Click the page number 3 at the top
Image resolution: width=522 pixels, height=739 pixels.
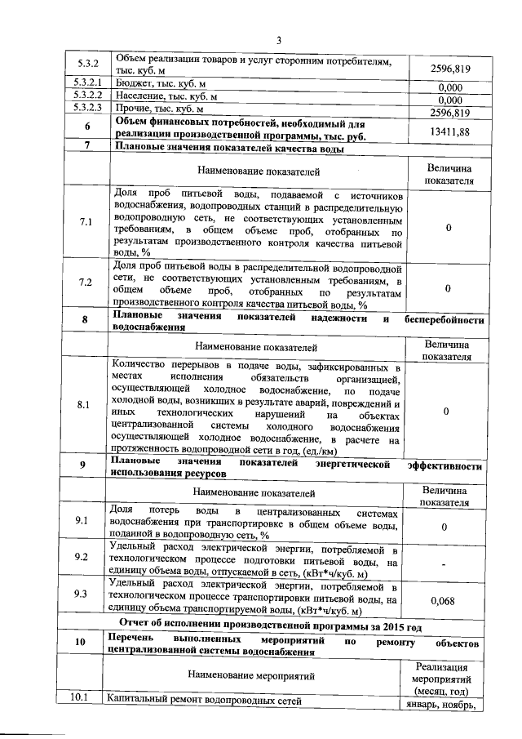click(x=277, y=41)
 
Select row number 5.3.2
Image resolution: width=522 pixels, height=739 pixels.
click(x=86, y=64)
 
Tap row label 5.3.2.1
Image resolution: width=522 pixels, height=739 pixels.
click(x=86, y=84)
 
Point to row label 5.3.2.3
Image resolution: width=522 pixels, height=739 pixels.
click(x=86, y=107)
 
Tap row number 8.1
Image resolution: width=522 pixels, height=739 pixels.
click(x=85, y=405)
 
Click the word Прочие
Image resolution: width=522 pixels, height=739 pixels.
click(x=135, y=107)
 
